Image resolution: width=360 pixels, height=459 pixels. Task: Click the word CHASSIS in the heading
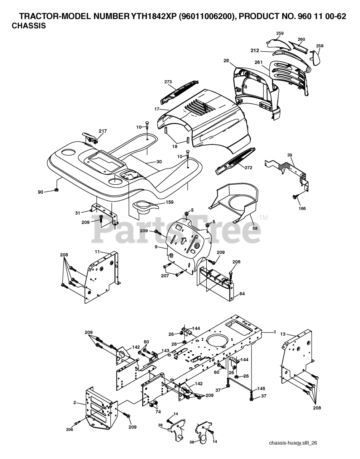[29, 26]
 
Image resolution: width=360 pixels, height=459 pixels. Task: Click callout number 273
[168, 82]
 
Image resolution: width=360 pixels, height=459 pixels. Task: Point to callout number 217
[103, 131]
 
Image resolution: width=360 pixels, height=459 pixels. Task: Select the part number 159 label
[169, 202]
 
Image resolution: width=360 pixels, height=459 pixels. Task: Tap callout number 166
[302, 208]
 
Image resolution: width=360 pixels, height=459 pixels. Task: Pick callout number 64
[242, 294]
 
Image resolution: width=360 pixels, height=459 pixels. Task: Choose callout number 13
[283, 334]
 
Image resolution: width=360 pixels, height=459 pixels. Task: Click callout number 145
[261, 389]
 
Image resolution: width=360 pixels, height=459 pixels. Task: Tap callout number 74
[158, 412]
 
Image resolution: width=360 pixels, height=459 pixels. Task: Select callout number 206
[69, 429]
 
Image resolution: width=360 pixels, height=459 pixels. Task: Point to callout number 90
[40, 192]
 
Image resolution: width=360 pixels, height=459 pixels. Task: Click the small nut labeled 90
[57, 190]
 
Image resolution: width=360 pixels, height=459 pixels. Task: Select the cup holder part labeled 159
[145, 207]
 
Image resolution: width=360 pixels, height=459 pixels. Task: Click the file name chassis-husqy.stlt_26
[293, 443]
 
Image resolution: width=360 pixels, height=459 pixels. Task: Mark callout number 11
[97, 252]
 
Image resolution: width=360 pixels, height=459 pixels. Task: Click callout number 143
[165, 351]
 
